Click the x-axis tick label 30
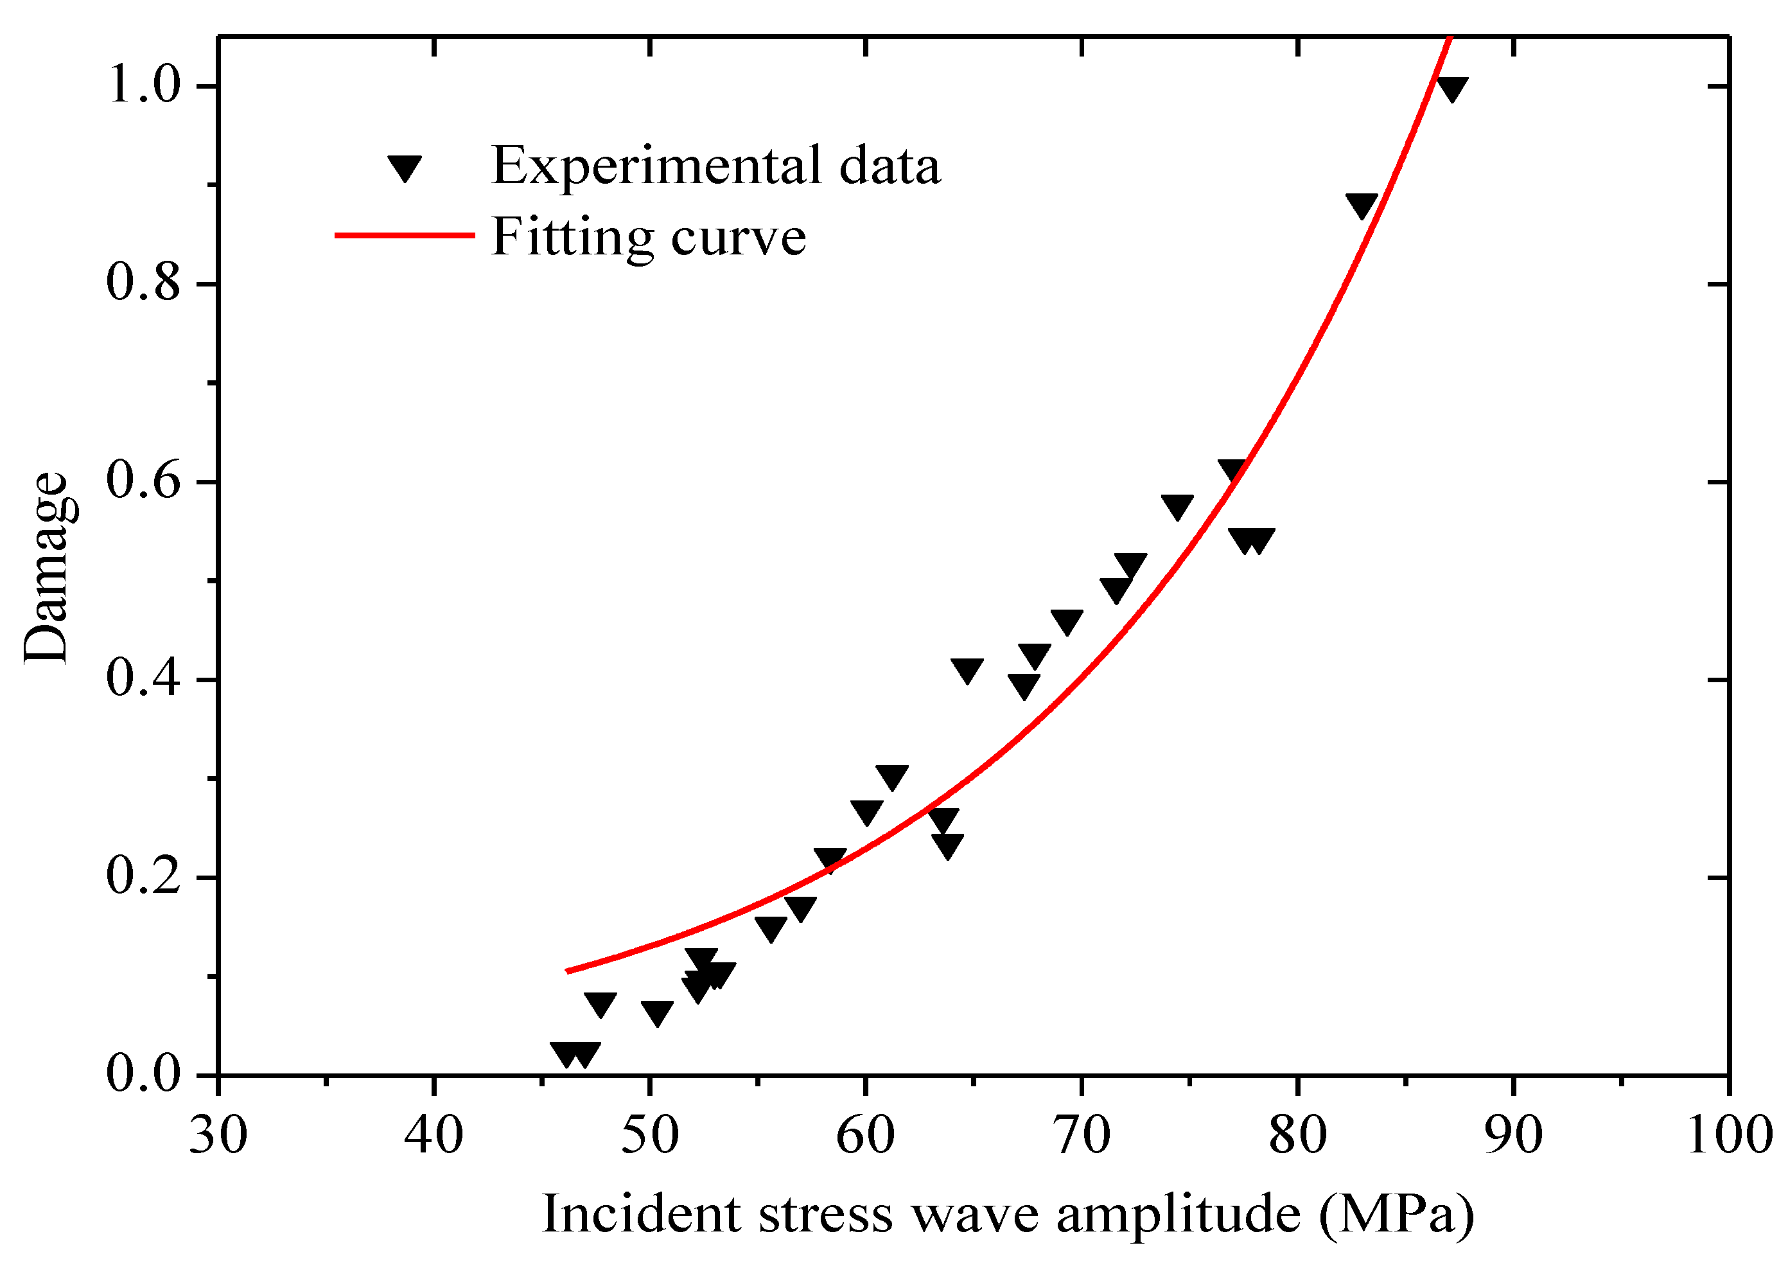219,1136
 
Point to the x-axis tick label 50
650,1136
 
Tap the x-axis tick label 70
1082,1136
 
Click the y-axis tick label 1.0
143,85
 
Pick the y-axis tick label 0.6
143,481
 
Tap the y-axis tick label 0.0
143,1074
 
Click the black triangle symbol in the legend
405,166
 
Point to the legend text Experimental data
715,166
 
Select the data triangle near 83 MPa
1362,205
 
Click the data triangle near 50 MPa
657,1012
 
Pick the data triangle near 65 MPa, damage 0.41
967,669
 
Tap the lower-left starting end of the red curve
568,971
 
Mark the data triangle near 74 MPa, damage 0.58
1177,506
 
